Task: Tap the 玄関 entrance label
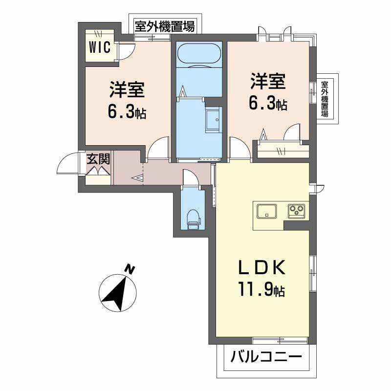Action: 98,159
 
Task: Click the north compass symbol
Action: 116,292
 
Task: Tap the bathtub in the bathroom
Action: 198,54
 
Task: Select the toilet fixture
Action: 194,217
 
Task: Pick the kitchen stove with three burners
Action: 296,211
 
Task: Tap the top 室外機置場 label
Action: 164,26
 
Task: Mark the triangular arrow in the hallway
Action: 137,178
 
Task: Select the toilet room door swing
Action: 190,178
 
